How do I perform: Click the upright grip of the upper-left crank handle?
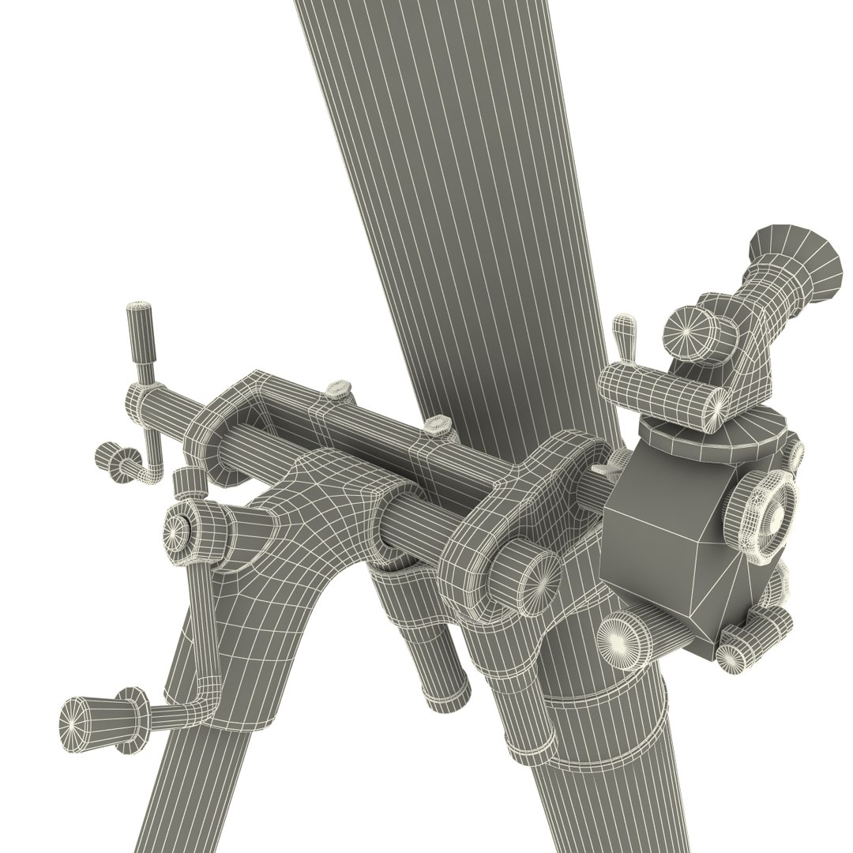point(141,332)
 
